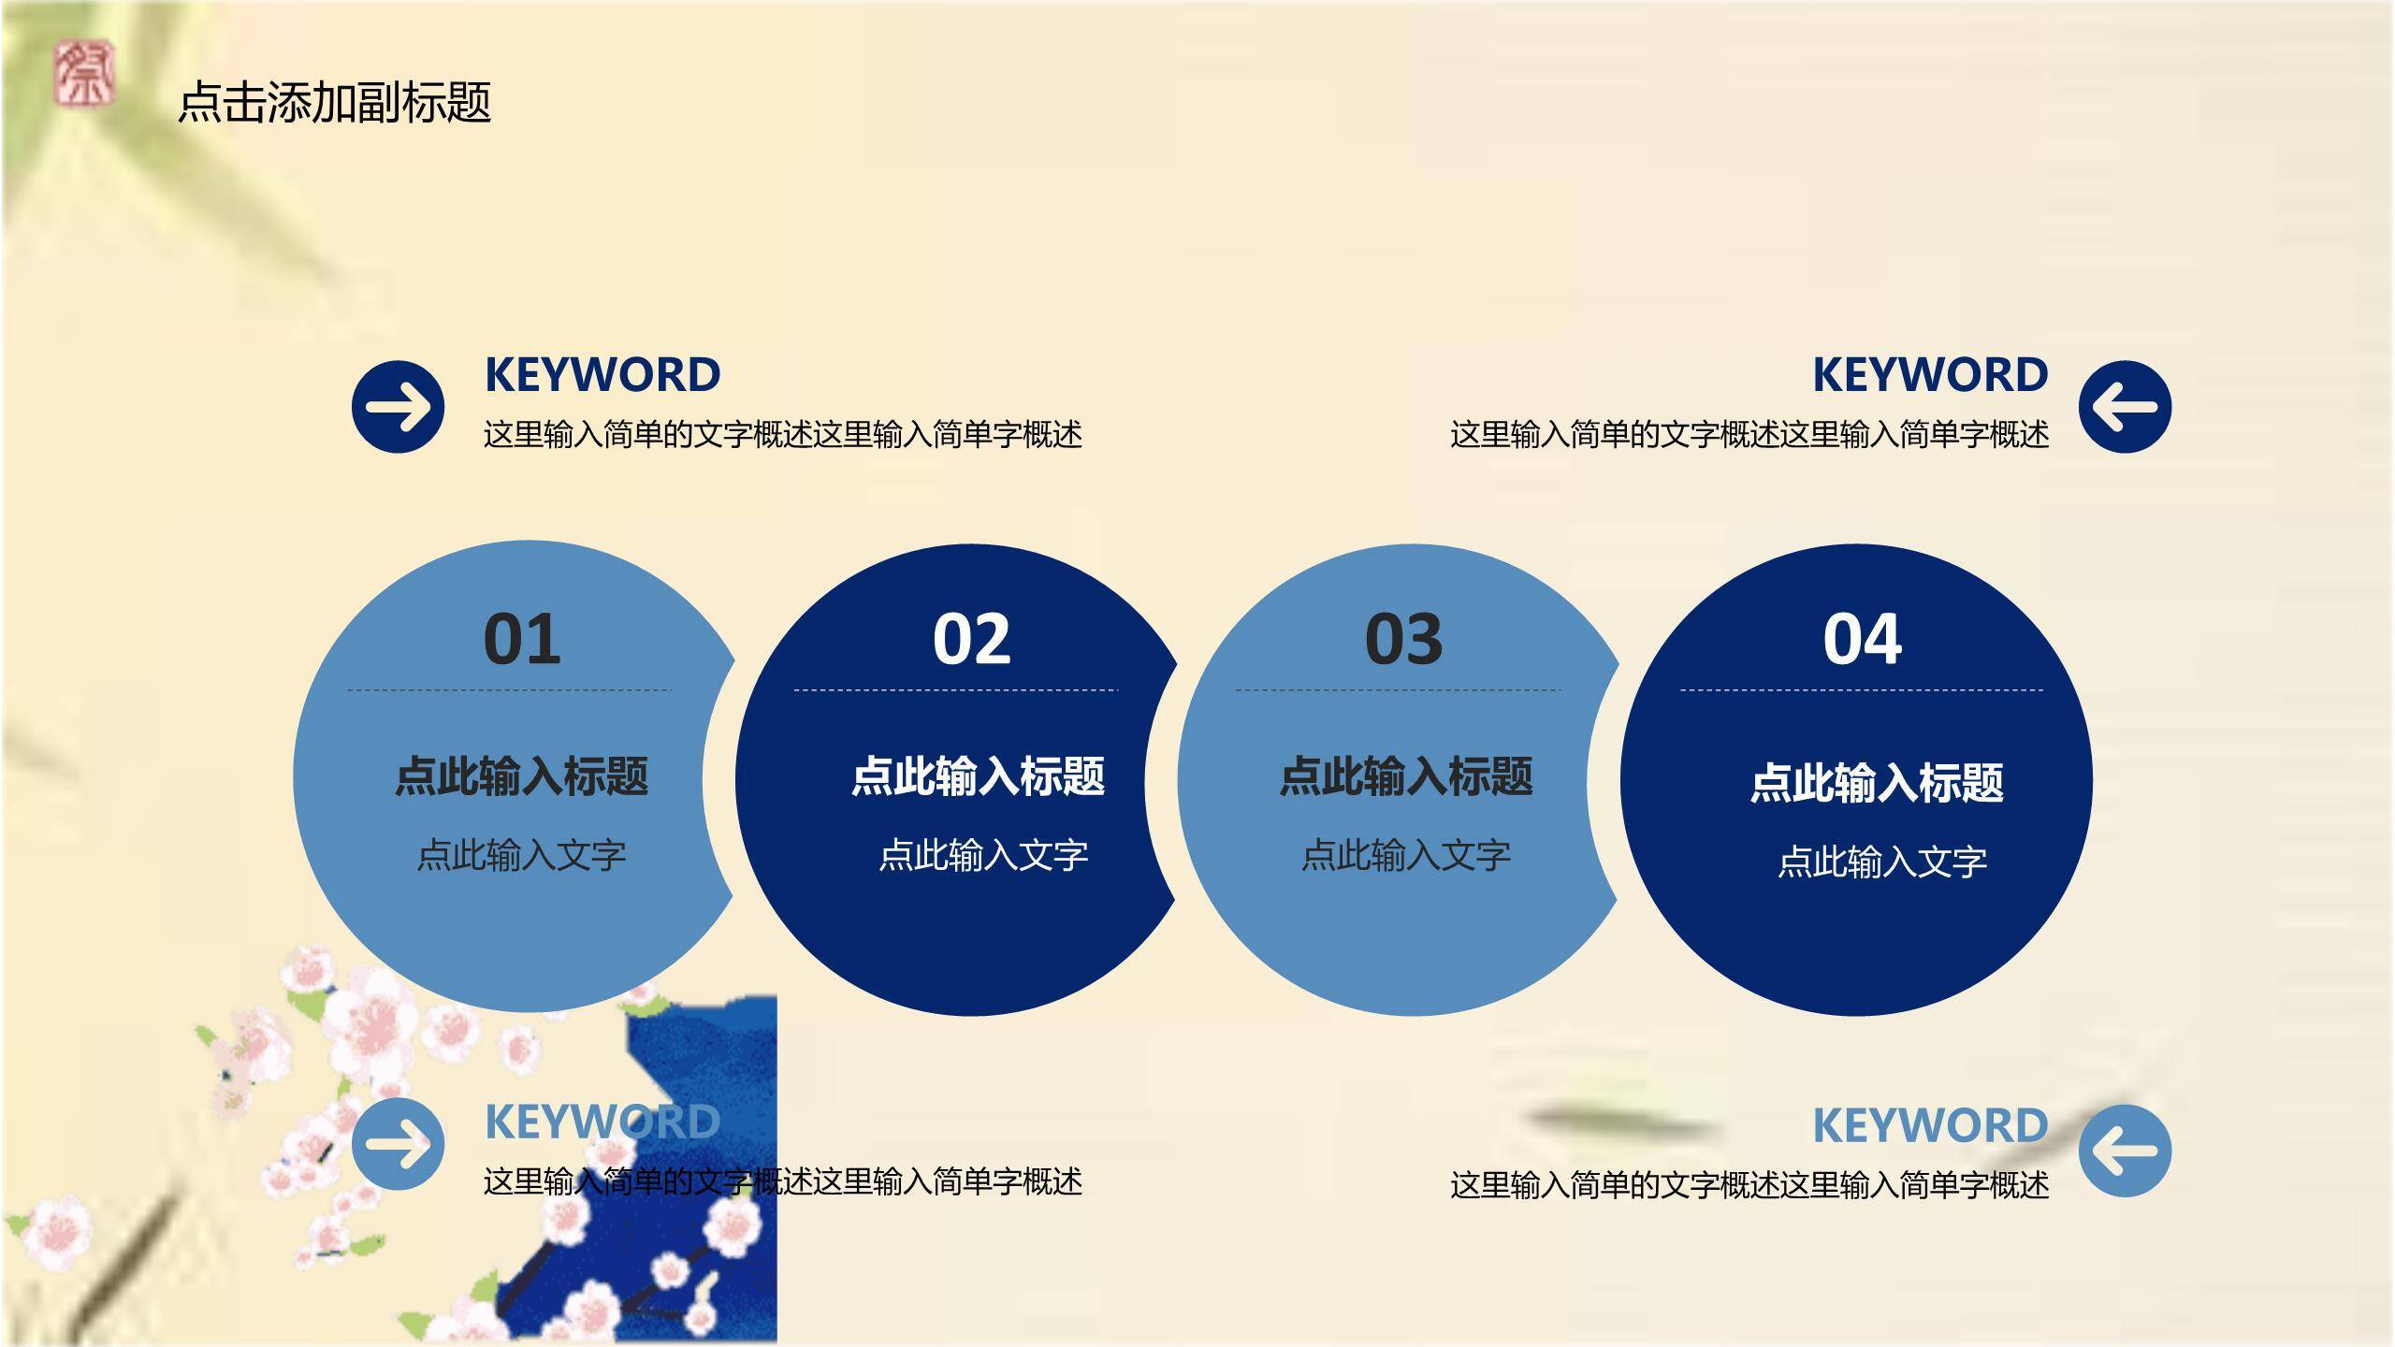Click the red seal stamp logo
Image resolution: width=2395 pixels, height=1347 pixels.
tap(83, 73)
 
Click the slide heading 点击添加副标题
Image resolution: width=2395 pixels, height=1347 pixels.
tap(334, 102)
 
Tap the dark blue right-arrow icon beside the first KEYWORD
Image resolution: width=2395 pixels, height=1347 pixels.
tap(399, 407)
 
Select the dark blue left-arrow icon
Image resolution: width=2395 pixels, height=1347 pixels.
tap(2125, 407)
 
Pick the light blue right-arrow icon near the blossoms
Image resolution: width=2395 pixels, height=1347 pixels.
tap(399, 1144)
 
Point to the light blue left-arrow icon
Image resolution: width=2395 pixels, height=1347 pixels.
tap(2125, 1151)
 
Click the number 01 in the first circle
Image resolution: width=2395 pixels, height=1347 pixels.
tap(522, 640)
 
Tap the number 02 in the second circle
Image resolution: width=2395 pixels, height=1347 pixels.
tap(972, 640)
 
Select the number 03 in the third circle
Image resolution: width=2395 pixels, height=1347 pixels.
tap(1403, 640)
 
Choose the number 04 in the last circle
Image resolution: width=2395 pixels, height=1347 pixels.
tap(1862, 640)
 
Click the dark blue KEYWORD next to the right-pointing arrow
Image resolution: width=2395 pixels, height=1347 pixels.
tap(602, 375)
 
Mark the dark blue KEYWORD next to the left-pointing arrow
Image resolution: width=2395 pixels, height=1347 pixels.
tap(1930, 375)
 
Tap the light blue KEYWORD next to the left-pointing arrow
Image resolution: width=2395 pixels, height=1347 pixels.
tap(1930, 1125)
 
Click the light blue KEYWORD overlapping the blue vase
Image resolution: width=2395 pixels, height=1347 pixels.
tap(602, 1122)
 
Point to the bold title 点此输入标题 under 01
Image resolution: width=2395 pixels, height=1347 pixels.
tap(521, 776)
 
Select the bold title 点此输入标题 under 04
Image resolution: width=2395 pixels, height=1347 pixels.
tap(1877, 783)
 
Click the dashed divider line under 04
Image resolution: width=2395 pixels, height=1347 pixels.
tap(1862, 690)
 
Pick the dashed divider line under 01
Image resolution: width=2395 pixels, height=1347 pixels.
tap(510, 690)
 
